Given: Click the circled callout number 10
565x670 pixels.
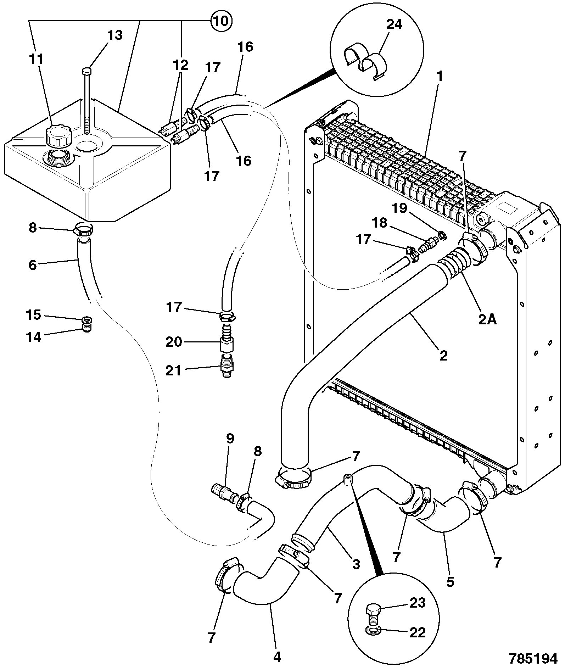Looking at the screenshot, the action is click(221, 21).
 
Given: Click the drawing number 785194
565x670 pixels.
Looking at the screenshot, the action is click(533, 659).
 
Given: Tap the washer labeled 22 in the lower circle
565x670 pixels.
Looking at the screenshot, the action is click(373, 631).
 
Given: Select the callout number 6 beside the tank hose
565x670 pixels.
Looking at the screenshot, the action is click(33, 264).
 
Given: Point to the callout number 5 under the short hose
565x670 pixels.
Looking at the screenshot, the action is click(450, 582).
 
